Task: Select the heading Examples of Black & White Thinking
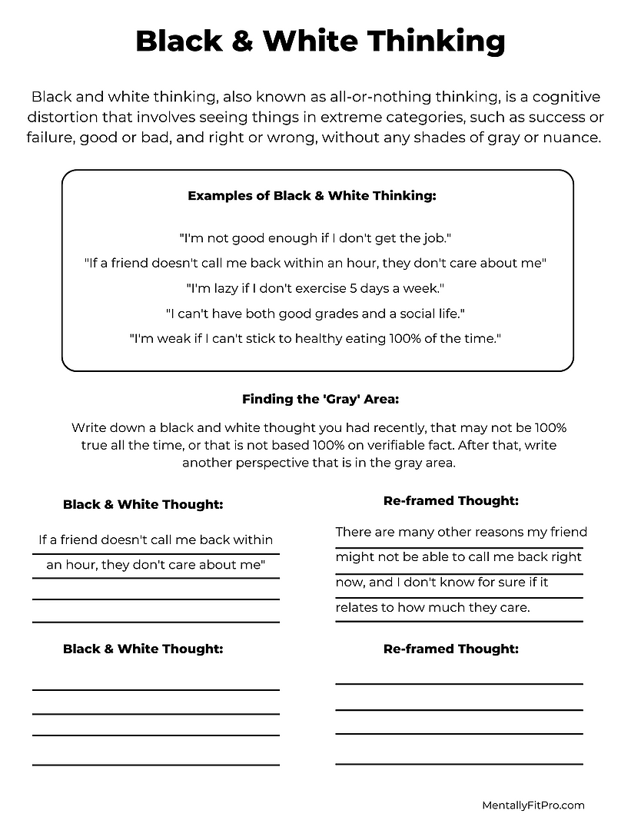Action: tap(312, 196)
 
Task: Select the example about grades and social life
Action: tap(316, 313)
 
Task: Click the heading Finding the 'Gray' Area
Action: tap(320, 399)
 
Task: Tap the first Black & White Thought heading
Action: tap(143, 504)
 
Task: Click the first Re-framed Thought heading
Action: tap(451, 500)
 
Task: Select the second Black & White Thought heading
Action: tap(143, 649)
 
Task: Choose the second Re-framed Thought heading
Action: tap(451, 649)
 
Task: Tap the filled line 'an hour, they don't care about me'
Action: tap(156, 565)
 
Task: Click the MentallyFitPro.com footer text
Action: tap(533, 805)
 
